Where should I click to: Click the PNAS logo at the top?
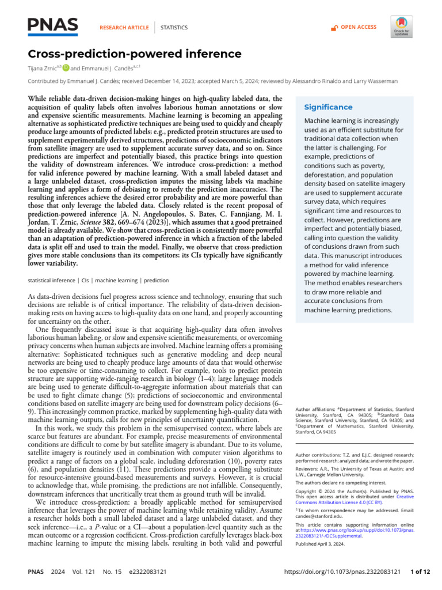[x=53, y=25]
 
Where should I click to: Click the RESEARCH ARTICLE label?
[x=124, y=27]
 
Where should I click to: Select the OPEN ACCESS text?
[x=358, y=27]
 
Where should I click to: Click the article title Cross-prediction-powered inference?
[x=135, y=54]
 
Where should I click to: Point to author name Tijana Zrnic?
[x=47, y=68]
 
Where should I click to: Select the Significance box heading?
[x=328, y=107]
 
